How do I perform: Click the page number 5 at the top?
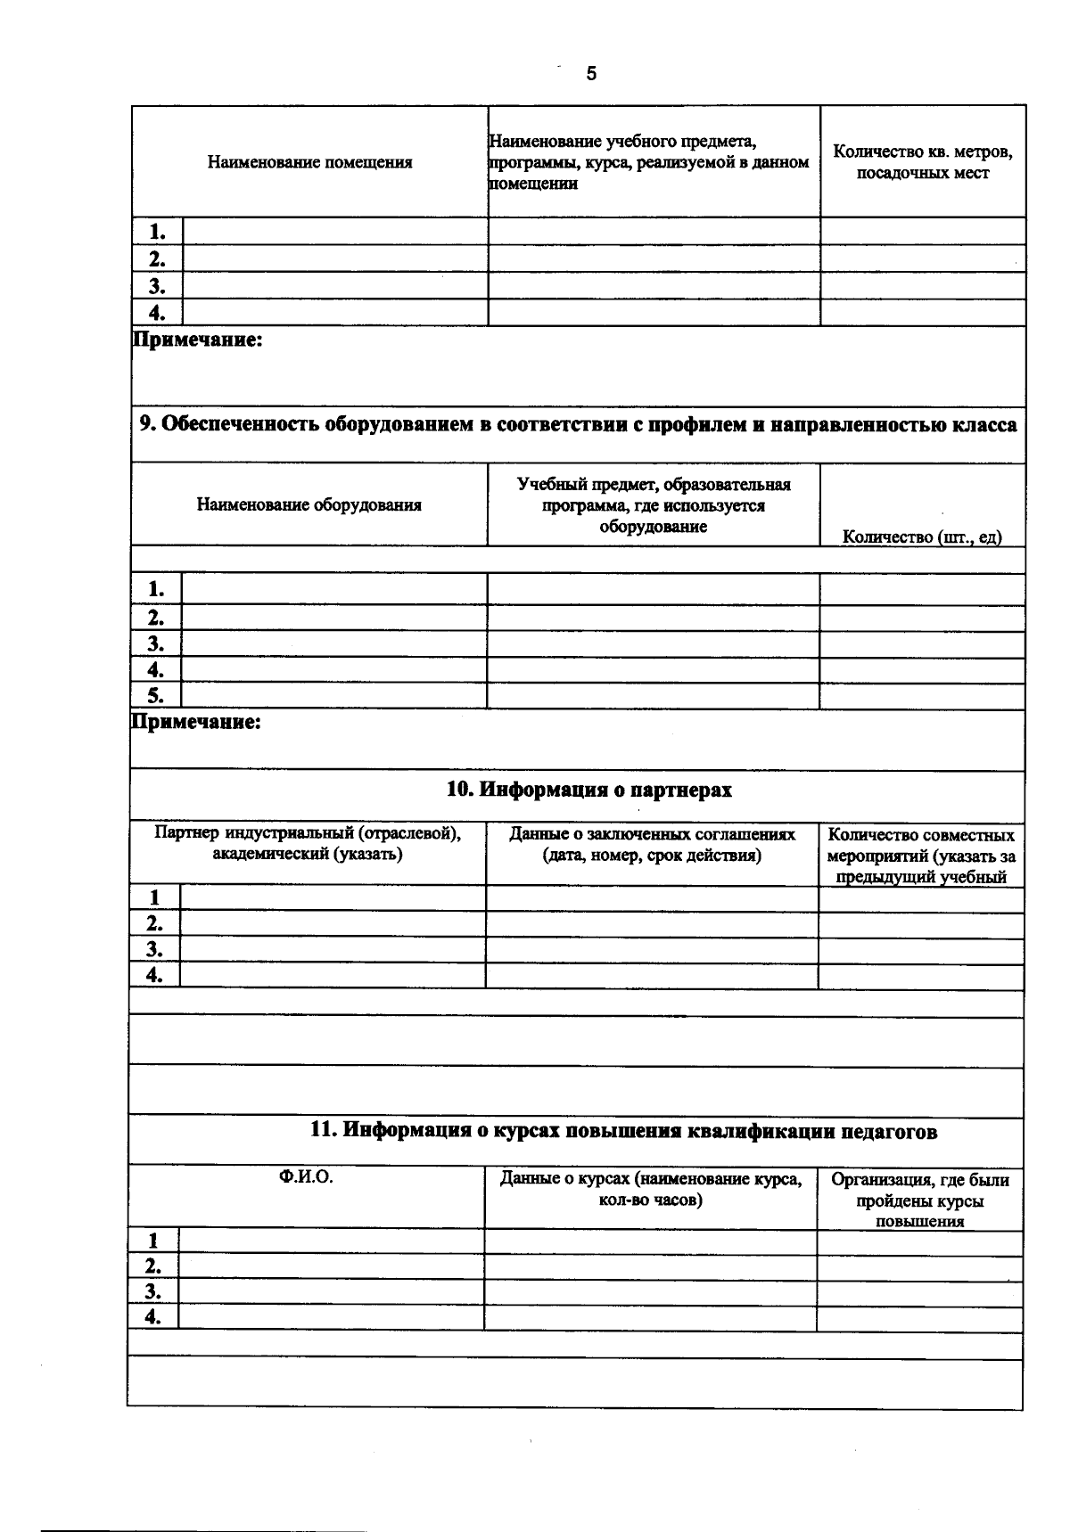pos(591,74)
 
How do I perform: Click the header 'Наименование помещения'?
pos(309,162)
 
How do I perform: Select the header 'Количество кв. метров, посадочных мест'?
pos(922,162)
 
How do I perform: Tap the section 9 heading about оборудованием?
pos(578,425)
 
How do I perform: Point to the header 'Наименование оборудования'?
pos(309,505)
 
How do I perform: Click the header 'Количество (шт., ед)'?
pos(922,537)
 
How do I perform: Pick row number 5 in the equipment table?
pos(156,696)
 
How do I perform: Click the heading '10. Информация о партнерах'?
pos(588,790)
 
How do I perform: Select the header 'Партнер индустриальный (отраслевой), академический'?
pos(308,844)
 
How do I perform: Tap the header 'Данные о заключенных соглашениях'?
pos(652,845)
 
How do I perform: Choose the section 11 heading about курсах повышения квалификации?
pos(623,1131)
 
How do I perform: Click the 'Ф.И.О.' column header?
pos(306,1176)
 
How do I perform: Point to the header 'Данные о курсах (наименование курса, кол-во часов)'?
pos(651,1189)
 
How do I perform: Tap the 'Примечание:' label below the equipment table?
pos(196,722)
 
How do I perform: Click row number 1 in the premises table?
pos(158,232)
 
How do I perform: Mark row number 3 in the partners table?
pos(155,949)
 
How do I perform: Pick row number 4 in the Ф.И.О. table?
pos(153,1317)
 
